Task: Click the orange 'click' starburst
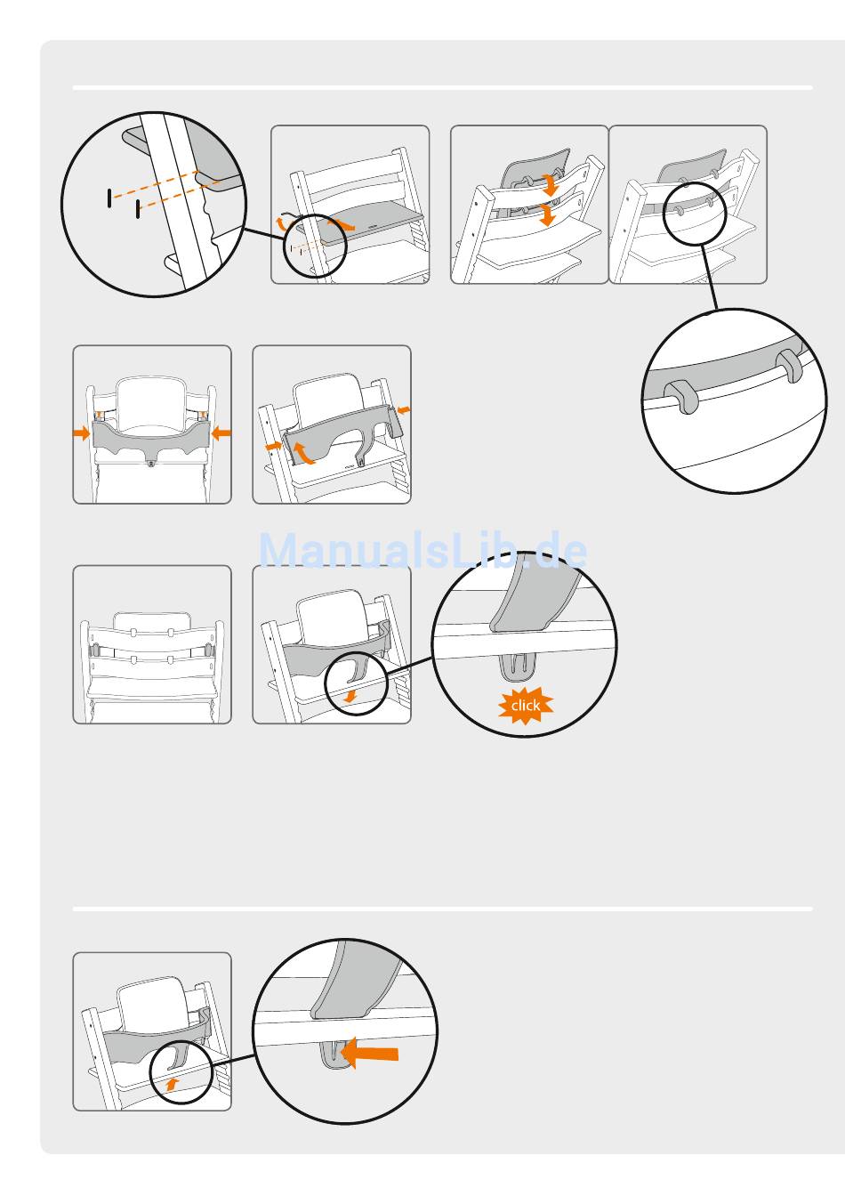coord(526,706)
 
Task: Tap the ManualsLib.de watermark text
coord(422,551)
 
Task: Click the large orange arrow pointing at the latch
coord(370,1053)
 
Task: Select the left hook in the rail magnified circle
coord(680,395)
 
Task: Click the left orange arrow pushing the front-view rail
coord(81,433)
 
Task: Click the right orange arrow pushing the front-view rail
coord(221,433)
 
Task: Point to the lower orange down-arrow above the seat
coord(547,214)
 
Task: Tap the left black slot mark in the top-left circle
coord(109,198)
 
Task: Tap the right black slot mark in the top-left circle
coord(138,210)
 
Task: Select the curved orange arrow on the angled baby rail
coord(303,452)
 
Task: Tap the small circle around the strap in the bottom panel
coord(181,1072)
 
